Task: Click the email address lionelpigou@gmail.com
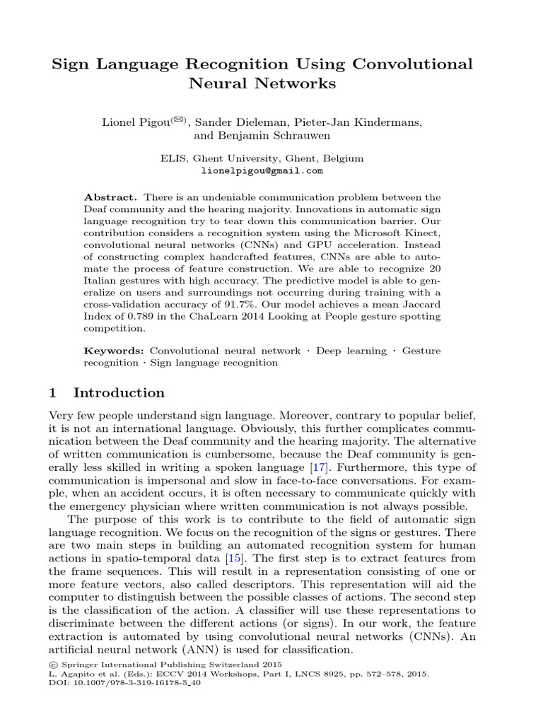(262, 170)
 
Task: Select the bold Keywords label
(114, 351)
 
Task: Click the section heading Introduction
(119, 393)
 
